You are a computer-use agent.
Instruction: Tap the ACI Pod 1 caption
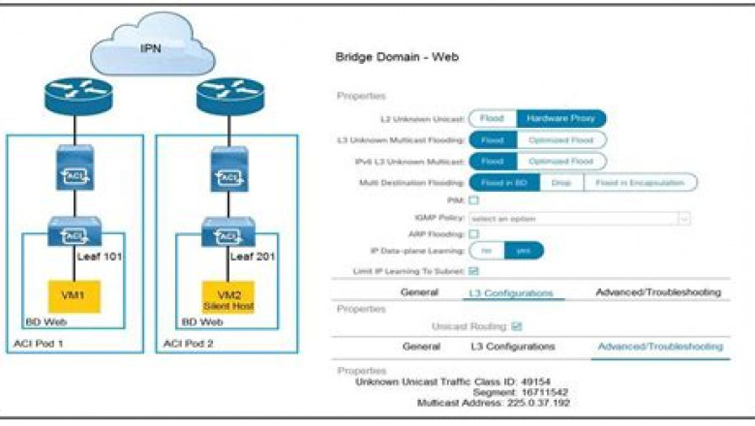43,344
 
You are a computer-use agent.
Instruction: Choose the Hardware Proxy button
560,118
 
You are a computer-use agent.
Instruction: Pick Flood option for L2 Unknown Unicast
492,118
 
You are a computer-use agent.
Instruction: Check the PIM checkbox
474,200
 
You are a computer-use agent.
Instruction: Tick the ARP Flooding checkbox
474,234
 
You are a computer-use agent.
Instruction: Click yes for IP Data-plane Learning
524,250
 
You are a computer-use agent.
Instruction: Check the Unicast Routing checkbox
516,326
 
